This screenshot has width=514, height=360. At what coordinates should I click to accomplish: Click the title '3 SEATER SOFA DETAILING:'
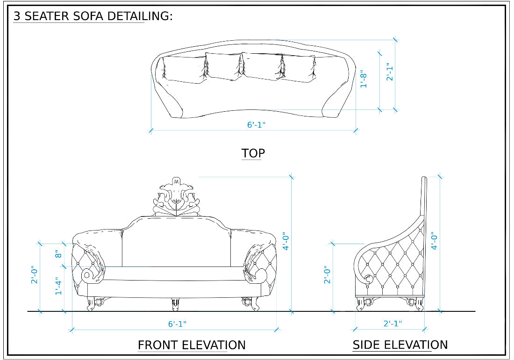pos(93,16)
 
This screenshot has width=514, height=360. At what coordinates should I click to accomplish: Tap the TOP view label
pos(253,153)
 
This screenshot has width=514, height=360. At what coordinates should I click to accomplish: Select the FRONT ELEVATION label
pos(192,345)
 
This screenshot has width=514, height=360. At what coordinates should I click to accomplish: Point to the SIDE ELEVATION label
pos(400,345)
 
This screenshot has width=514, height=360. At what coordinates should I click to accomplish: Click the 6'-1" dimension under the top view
pos(257,125)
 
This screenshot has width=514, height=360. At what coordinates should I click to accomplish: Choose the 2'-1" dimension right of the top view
pos(390,72)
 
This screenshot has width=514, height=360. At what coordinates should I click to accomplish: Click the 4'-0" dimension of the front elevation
pos(286,242)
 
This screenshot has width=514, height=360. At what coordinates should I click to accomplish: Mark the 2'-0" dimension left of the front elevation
pos(34,277)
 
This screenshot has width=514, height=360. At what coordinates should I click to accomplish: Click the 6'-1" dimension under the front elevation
pos(177,324)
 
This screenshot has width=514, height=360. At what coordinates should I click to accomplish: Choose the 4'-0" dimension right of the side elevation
pos(435,241)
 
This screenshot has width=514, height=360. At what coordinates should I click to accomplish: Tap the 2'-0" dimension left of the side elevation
pos(327,275)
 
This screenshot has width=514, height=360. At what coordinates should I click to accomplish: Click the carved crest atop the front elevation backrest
pos(176,197)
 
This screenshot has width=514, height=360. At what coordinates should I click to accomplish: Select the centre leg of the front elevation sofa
pos(175,304)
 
